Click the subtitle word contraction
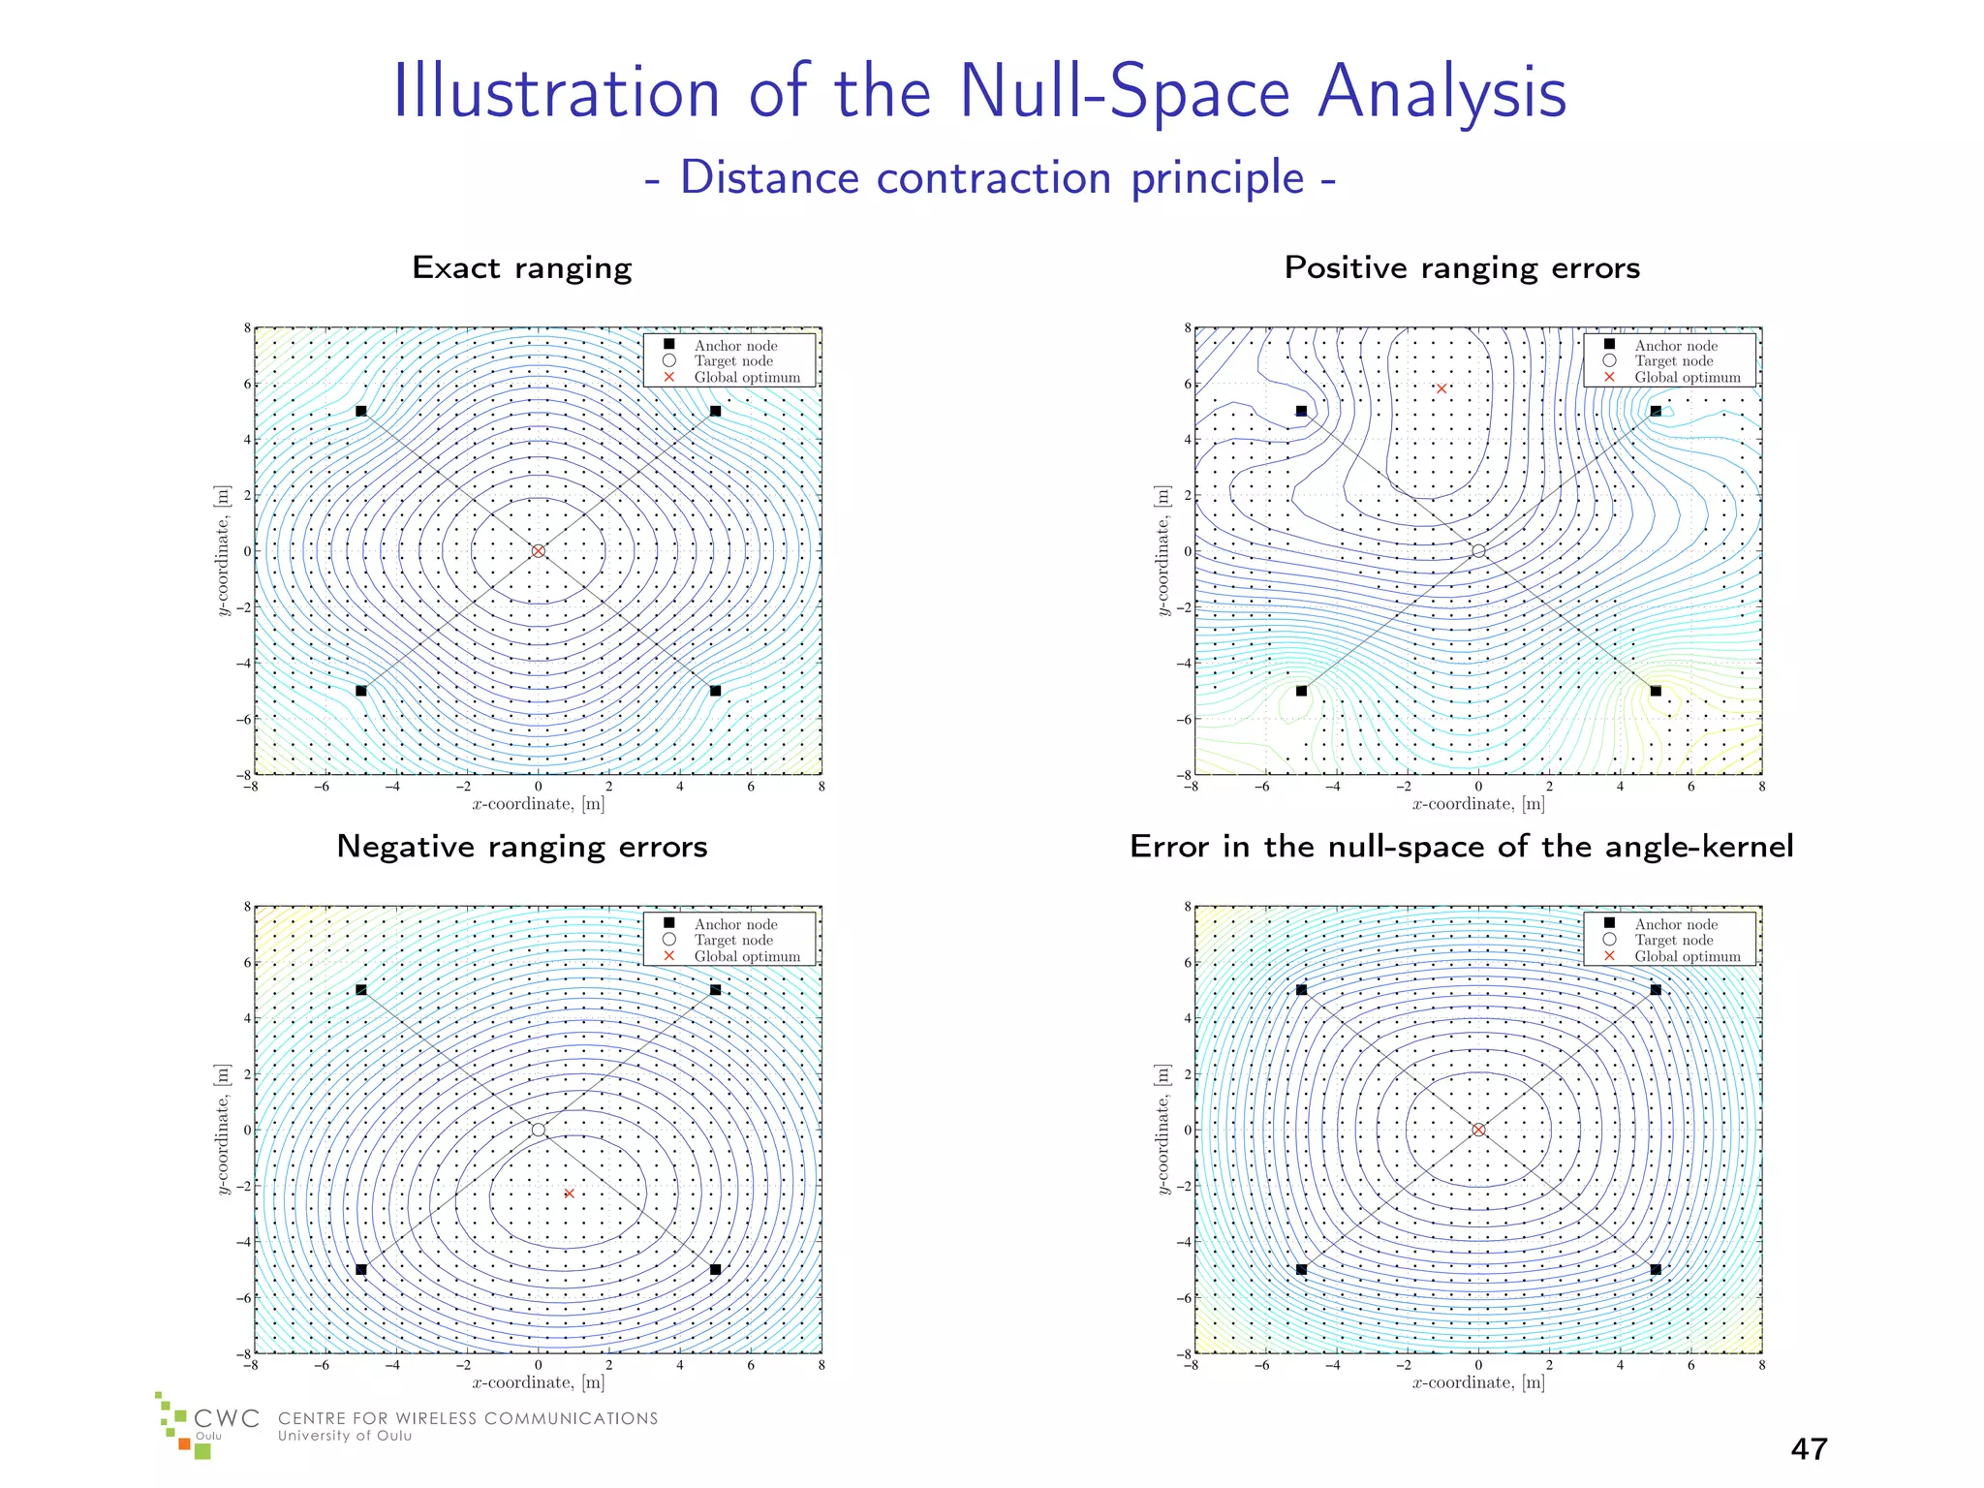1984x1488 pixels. coord(994,178)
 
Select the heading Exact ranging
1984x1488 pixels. coord(521,267)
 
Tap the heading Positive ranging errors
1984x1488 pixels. coord(1461,267)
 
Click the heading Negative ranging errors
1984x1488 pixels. coord(521,847)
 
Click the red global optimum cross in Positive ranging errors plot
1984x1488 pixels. coord(1441,389)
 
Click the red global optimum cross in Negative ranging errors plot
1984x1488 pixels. coord(569,1193)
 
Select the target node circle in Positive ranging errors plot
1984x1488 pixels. coord(1478,551)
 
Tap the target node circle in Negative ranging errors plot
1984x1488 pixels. coord(539,1130)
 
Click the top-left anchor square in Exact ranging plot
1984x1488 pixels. coord(361,411)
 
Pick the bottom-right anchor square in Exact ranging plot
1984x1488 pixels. coord(715,691)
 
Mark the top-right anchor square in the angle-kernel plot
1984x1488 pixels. coord(1656,990)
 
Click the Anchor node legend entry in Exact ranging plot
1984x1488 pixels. coord(734,346)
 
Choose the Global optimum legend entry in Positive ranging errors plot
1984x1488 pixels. coord(1687,378)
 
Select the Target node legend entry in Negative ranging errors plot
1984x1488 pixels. coord(732,940)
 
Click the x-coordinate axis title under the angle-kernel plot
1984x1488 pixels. coord(1478,1382)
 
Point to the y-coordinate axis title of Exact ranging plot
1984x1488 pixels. coord(223,551)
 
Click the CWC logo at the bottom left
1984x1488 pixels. coord(208,1426)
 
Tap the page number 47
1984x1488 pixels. coord(1809,1449)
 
